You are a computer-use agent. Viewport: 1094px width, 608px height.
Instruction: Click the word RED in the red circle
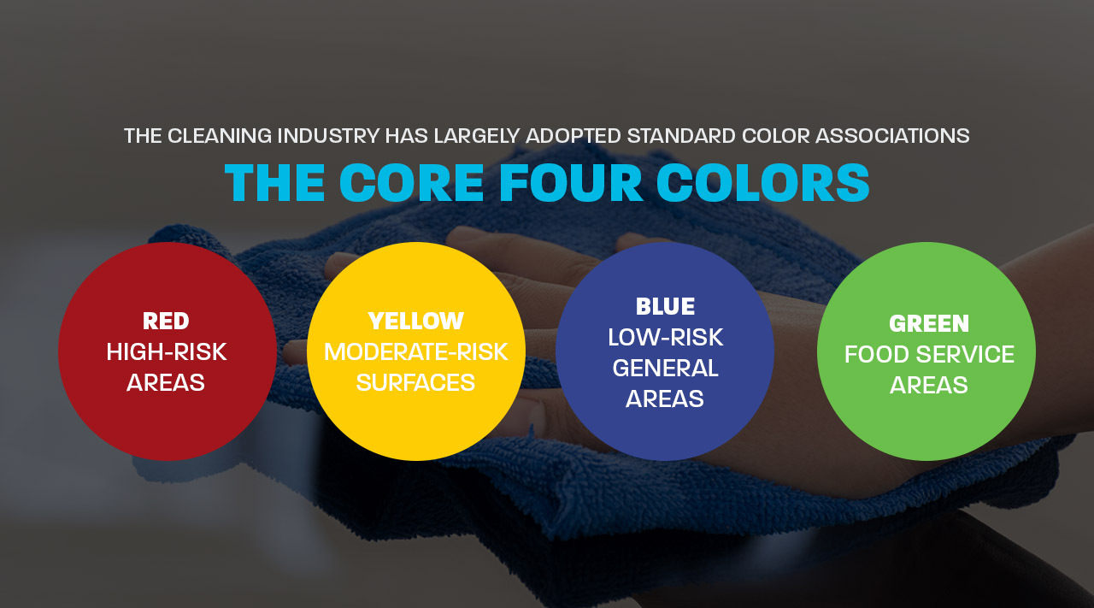click(166, 322)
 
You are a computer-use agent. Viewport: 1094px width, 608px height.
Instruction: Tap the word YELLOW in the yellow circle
click(416, 322)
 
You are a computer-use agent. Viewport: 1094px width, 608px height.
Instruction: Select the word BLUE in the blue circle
click(665, 306)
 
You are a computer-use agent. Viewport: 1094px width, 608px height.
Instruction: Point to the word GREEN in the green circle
click(929, 324)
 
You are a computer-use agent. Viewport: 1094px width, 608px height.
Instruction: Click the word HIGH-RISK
click(167, 352)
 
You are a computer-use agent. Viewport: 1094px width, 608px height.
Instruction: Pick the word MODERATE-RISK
click(416, 351)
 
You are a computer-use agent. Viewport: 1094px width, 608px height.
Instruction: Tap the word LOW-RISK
click(665, 338)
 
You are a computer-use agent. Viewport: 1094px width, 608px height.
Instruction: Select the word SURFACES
click(416, 382)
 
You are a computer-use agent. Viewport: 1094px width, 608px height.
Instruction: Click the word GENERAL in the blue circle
click(665, 368)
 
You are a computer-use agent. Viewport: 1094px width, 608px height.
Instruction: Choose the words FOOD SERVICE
click(929, 354)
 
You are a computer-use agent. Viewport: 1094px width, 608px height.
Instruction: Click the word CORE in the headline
click(411, 182)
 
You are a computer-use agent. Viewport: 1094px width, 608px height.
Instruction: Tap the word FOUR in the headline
click(571, 182)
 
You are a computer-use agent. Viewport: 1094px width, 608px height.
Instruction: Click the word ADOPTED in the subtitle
click(574, 136)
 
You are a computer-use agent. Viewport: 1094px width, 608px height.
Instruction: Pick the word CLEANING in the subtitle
click(220, 136)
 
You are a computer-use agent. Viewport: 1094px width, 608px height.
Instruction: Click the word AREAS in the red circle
click(166, 382)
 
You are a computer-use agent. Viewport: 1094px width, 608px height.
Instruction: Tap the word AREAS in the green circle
click(929, 385)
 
